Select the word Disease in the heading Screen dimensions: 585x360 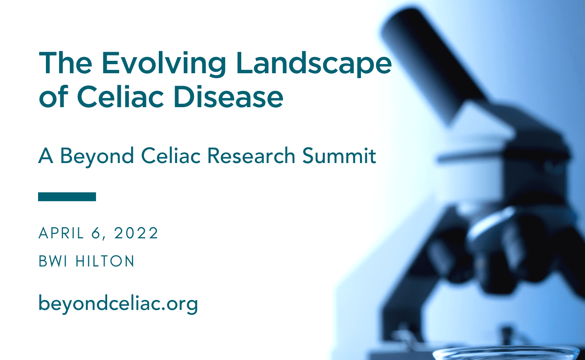click(228, 96)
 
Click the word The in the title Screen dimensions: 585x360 click(65, 63)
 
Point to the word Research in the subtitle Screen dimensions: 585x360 click(251, 156)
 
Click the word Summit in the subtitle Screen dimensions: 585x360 click(339, 156)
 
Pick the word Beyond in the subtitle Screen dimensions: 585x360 click(97, 157)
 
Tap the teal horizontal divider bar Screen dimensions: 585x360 click(67, 197)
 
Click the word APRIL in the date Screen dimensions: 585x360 click(61, 233)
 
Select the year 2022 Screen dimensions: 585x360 click(137, 233)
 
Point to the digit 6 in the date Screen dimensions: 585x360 click(96, 233)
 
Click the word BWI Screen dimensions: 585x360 click(53, 261)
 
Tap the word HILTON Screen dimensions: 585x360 click(105, 261)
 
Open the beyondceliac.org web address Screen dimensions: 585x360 click(118, 304)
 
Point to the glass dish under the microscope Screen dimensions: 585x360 click(505, 354)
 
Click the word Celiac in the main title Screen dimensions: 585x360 click(120, 96)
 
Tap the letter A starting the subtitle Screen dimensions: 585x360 click(46, 156)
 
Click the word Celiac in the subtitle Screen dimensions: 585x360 click(171, 156)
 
